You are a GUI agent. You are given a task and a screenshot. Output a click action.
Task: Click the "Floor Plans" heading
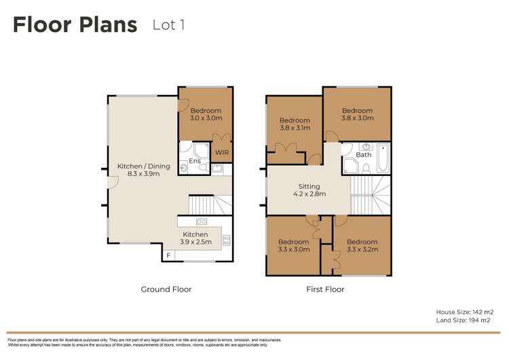coord(75,25)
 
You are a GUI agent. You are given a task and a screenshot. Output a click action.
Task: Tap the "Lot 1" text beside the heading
coord(168,25)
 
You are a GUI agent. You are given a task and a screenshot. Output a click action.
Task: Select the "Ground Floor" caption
coord(166,289)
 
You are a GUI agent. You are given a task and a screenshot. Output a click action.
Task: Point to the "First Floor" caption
coord(325,289)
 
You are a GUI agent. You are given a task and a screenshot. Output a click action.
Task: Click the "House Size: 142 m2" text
coord(464,312)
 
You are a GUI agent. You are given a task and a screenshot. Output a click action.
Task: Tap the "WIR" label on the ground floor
coord(222,153)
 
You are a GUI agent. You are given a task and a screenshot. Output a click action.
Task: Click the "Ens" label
coord(195,161)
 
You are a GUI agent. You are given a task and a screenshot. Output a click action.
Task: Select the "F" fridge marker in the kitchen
coord(169,255)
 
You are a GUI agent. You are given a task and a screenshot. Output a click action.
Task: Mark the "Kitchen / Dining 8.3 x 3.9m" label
coord(143,170)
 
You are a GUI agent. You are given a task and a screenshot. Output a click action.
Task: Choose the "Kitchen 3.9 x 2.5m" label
coord(195,238)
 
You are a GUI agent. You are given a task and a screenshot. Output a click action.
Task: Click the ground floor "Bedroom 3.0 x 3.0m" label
coord(206,114)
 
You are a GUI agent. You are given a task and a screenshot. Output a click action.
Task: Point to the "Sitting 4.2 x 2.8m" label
coord(309,190)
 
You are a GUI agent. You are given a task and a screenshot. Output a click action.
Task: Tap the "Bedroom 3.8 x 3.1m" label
coord(295,124)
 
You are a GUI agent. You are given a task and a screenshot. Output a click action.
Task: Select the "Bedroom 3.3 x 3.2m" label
coord(362,245)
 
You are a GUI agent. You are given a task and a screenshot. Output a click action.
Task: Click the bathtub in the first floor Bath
coord(383,158)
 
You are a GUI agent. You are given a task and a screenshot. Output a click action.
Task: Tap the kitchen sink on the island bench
coord(202,221)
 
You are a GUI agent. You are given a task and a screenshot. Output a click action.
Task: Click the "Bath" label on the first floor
coord(364,155)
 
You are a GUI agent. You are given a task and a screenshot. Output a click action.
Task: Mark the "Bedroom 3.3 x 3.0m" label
coord(294,245)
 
